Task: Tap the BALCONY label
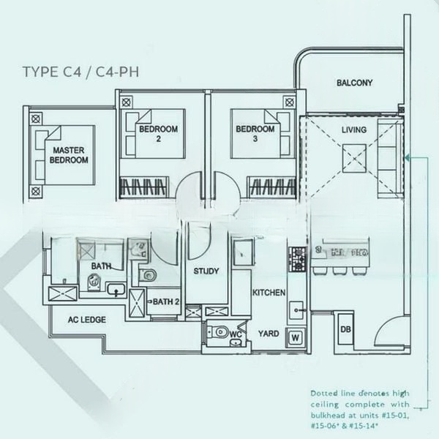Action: (355, 83)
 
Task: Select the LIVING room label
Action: (355, 130)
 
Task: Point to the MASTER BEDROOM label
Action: (69, 156)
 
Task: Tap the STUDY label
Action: (206, 271)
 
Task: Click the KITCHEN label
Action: (269, 293)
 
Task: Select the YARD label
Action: (269, 333)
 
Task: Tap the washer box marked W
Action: (296, 337)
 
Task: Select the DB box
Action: (345, 330)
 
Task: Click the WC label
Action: (235, 334)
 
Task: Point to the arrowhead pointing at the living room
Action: (408, 156)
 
